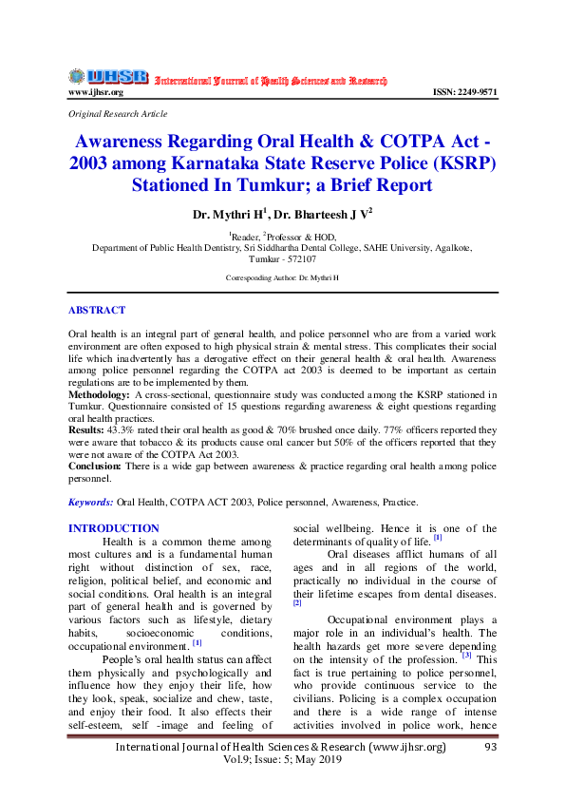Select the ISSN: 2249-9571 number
[464, 92]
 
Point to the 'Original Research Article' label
[118, 113]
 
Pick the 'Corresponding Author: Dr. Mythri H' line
[282, 277]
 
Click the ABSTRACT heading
[97, 310]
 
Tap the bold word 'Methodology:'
[100, 392]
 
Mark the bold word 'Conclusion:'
[94, 467]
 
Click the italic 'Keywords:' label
[91, 501]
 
